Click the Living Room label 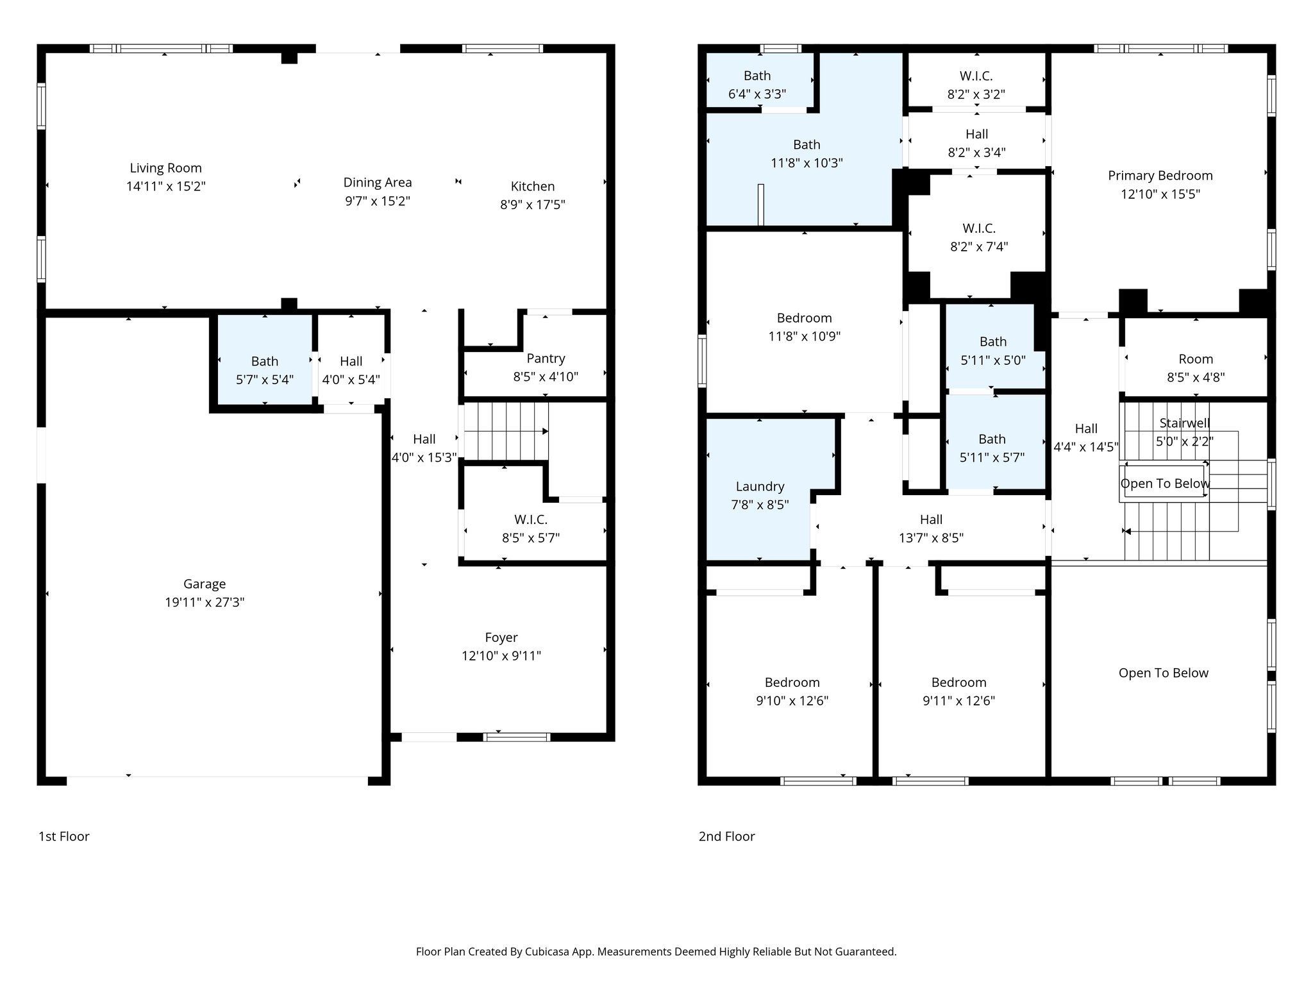click(x=165, y=168)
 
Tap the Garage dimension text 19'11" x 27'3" click(x=205, y=602)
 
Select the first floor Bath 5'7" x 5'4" click(x=264, y=370)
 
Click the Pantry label click(x=546, y=358)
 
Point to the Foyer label click(x=501, y=637)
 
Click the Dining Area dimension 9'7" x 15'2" click(x=377, y=201)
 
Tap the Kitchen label click(x=532, y=187)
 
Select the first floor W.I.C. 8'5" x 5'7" click(x=531, y=528)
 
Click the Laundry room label click(x=760, y=487)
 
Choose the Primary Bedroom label click(x=1160, y=176)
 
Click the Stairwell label click(x=1184, y=423)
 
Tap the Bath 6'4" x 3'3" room click(x=757, y=85)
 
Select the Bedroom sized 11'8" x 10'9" click(x=804, y=326)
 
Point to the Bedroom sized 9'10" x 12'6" click(x=792, y=691)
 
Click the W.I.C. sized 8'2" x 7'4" click(x=978, y=237)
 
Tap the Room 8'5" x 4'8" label click(x=1195, y=359)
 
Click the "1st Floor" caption click(x=64, y=836)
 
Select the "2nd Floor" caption click(x=726, y=836)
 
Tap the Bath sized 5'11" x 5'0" click(x=992, y=351)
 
